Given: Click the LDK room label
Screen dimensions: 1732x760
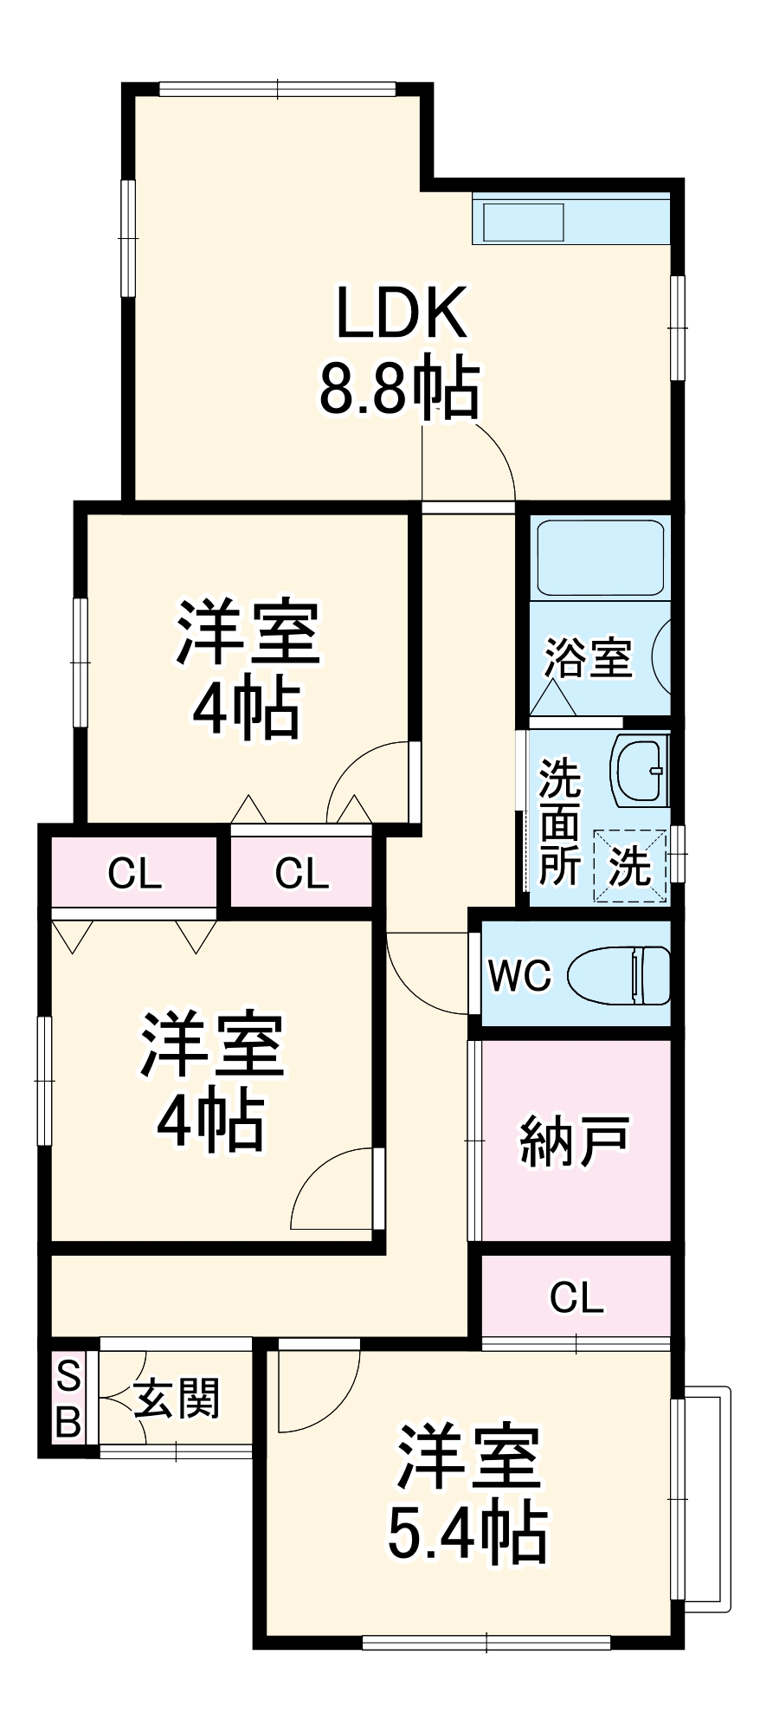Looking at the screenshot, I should [x=401, y=313].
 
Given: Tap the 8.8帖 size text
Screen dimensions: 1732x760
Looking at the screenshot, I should [x=399, y=387].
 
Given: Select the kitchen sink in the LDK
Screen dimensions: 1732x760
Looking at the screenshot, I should [x=524, y=223].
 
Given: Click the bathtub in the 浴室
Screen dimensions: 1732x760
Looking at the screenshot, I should [x=600, y=557].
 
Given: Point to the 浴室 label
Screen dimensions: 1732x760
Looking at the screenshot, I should [x=589, y=658].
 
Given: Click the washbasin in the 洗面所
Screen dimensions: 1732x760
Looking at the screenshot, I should [x=641, y=770].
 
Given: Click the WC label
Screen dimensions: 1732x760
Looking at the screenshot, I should [x=519, y=976].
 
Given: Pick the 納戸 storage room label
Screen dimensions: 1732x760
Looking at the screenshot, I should [x=574, y=1141].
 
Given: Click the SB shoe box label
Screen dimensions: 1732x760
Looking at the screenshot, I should [x=68, y=1399].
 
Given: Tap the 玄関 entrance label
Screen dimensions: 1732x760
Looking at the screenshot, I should [x=177, y=1398].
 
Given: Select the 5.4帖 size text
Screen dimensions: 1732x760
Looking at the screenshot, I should [x=467, y=1533].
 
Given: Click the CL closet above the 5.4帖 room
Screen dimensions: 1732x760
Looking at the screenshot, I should [x=576, y=1297].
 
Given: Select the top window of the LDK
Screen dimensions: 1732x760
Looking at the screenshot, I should [x=277, y=88].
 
